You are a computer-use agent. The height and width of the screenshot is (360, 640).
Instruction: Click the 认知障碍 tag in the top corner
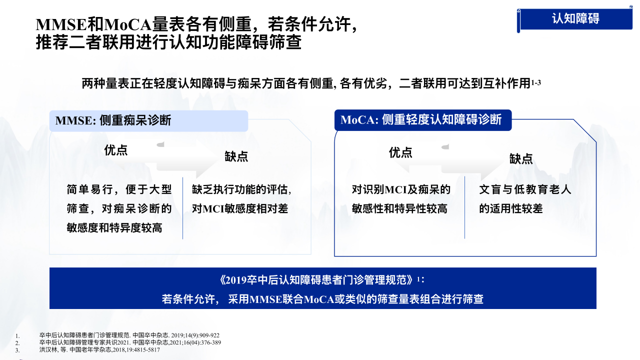tap(575, 19)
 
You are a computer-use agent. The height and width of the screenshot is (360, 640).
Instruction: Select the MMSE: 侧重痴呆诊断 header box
tap(148, 121)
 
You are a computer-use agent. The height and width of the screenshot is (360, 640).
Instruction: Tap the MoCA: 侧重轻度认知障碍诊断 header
tap(423, 120)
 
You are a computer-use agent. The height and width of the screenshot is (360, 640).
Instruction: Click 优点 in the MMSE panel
tap(115, 150)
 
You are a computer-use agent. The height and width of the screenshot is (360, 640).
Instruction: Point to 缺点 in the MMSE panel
tap(236, 156)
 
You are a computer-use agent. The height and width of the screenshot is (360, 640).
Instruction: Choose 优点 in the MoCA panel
tap(400, 152)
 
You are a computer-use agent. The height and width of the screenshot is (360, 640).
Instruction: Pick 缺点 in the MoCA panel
tap(521, 159)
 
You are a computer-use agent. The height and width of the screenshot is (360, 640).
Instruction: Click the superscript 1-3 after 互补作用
tap(536, 82)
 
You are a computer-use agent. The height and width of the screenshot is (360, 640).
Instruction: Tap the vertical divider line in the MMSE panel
tap(183, 208)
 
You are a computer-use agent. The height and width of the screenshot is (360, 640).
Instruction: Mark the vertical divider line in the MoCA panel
tap(465, 207)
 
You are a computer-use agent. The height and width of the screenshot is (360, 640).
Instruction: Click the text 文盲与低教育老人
tap(525, 189)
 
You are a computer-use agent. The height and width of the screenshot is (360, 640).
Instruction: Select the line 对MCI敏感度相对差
tap(240, 208)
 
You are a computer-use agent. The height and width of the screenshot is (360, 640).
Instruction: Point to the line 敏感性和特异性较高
tap(399, 208)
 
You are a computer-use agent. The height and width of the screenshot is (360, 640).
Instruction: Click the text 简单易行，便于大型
tap(119, 189)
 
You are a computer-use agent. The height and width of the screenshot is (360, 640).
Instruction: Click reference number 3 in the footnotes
tap(17, 350)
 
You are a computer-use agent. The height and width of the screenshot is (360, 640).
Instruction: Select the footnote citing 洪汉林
tap(99, 349)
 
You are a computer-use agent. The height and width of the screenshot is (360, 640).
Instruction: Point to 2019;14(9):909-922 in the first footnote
tap(195, 335)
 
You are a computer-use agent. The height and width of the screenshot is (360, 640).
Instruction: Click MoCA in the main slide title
tap(127, 24)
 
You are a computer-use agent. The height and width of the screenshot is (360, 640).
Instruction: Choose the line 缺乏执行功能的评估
tap(241, 189)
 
